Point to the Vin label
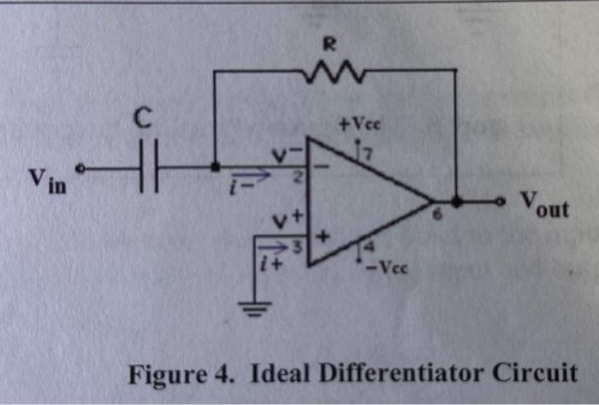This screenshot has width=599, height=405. coord(47,180)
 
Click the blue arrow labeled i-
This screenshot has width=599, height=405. coord(257,177)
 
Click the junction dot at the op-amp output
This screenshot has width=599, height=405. coord(457,202)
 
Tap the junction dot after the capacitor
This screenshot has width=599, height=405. coord(215,167)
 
